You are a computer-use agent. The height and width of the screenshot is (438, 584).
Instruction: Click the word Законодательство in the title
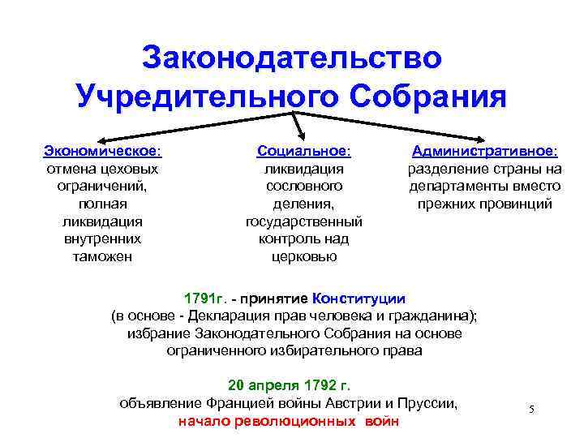point(292,58)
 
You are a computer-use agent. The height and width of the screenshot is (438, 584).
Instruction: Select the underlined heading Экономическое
point(102,151)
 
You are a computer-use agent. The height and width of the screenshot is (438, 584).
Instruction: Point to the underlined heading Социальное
point(303,151)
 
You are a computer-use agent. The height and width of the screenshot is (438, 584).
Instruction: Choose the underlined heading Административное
point(484,151)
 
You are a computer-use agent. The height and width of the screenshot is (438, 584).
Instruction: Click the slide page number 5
point(532,408)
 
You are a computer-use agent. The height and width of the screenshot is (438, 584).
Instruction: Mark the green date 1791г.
point(205,298)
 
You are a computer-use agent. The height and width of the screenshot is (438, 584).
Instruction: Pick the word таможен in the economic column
point(102,257)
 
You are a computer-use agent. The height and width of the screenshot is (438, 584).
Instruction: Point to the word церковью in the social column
point(303,257)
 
